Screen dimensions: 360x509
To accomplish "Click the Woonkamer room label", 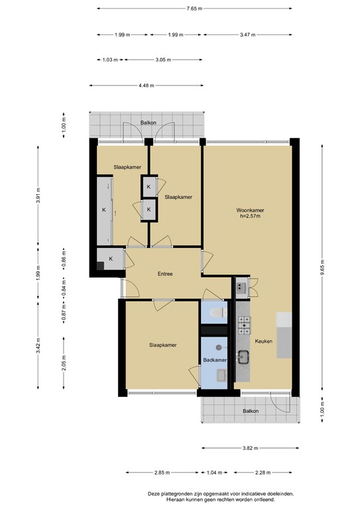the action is pyautogui.click(x=250, y=210).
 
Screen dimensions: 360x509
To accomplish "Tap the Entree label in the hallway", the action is pyautogui.click(x=165, y=274).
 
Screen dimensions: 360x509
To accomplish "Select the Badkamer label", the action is pyautogui.click(x=215, y=360).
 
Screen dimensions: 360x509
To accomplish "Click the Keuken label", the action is pyautogui.click(x=263, y=341).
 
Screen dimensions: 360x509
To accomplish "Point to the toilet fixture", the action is pyautogui.click(x=218, y=313).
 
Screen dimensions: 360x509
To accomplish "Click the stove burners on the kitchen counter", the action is pyautogui.click(x=244, y=325).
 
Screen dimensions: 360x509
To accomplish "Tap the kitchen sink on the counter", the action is pyautogui.click(x=243, y=357).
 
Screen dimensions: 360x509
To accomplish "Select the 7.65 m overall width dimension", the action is pyautogui.click(x=194, y=9).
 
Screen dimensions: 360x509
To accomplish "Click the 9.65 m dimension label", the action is pyautogui.click(x=322, y=267).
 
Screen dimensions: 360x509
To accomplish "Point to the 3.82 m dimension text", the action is pyautogui.click(x=251, y=448).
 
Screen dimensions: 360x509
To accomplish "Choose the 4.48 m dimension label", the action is pyautogui.click(x=147, y=85).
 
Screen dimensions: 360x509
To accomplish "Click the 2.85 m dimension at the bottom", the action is pyautogui.click(x=162, y=473).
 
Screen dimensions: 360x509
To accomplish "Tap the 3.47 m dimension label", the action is pyautogui.click(x=248, y=34).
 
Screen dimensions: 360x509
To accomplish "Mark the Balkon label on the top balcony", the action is pyautogui.click(x=148, y=123).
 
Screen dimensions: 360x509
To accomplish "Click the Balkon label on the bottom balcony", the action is pyautogui.click(x=251, y=411).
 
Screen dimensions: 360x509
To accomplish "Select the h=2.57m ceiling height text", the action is pyautogui.click(x=250, y=215).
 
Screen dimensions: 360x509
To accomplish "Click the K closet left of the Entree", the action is pyautogui.click(x=111, y=258).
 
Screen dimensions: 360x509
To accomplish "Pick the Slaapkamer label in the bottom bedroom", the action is pyautogui.click(x=162, y=345).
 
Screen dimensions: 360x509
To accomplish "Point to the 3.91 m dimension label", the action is pyautogui.click(x=38, y=196).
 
